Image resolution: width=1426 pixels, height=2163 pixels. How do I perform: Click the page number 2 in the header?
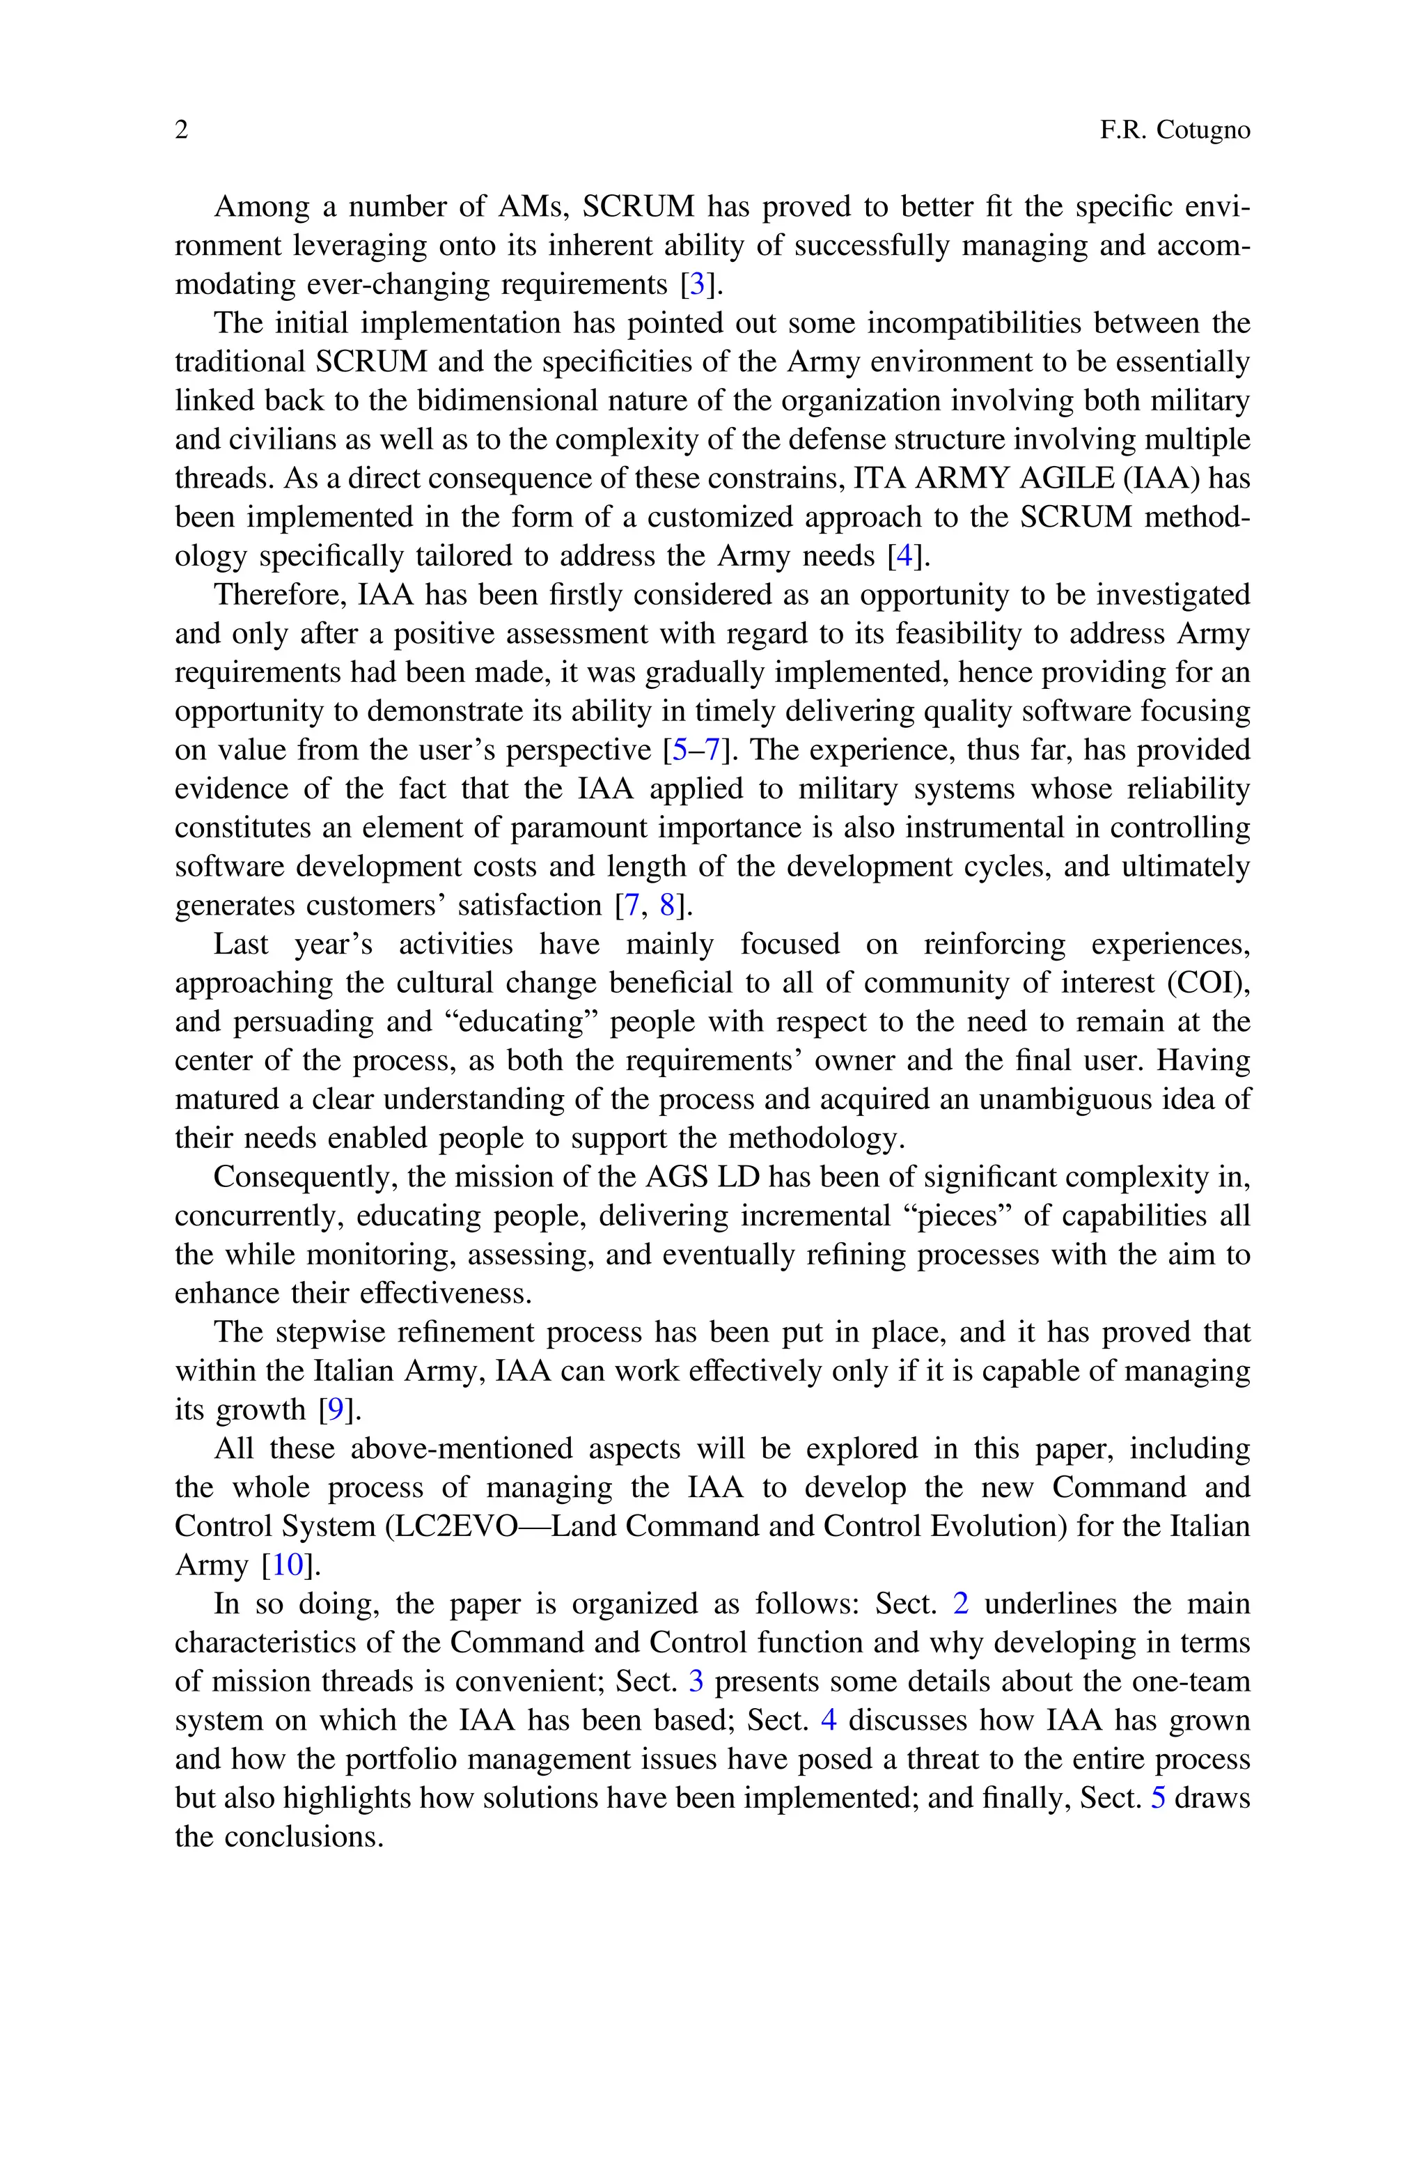point(182,130)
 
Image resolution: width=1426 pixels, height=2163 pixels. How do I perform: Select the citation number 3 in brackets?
point(696,285)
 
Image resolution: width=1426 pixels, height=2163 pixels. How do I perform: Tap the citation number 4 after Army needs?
point(904,556)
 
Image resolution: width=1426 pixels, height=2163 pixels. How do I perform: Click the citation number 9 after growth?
point(336,1410)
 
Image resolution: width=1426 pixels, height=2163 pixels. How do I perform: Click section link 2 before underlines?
point(960,1604)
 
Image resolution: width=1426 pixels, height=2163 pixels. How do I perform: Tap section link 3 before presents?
point(696,1681)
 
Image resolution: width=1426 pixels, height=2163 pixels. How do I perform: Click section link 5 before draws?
point(1158,1797)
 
